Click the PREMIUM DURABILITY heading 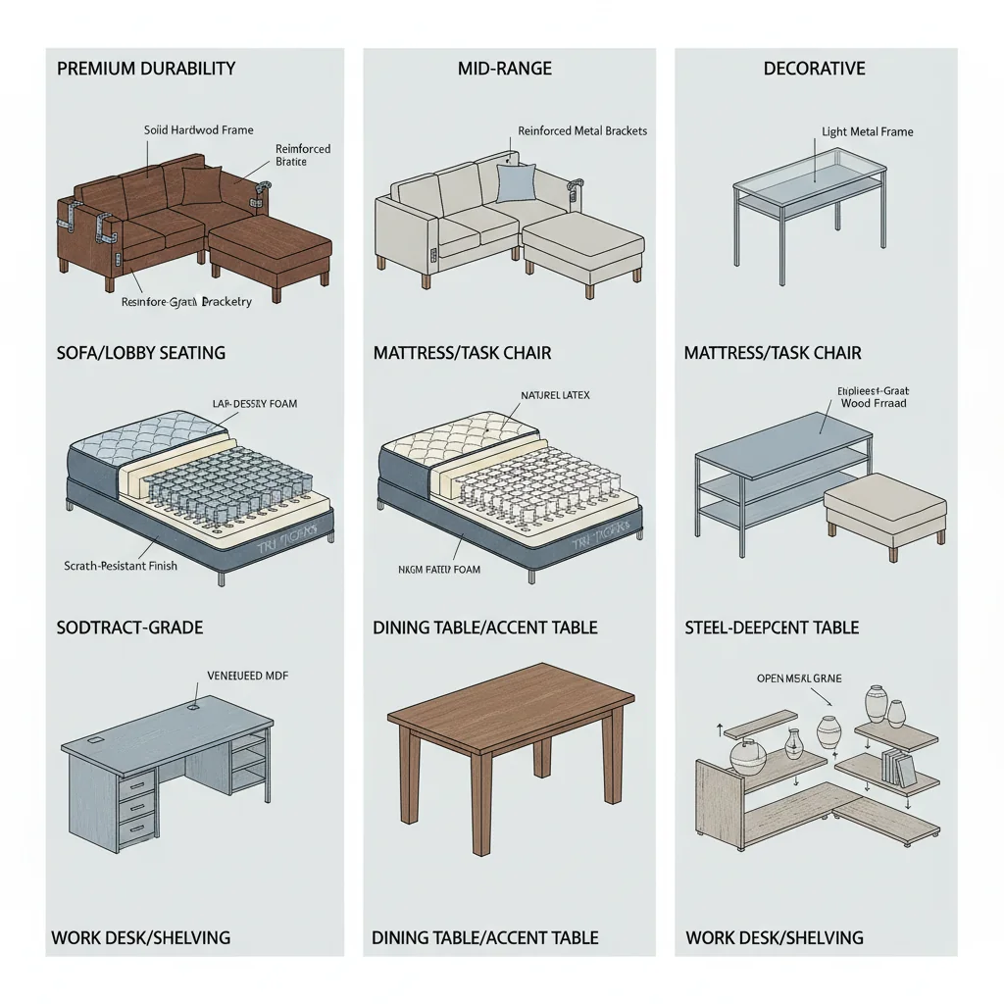tap(146, 69)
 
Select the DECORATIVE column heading tap(815, 69)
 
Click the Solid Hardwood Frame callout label tap(198, 130)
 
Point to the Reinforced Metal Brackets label tap(582, 130)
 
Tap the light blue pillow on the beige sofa tap(516, 183)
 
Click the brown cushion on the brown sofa tap(202, 186)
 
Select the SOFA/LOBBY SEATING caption tap(141, 352)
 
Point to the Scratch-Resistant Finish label tap(121, 566)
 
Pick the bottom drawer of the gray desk tap(138, 826)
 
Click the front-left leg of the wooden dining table tap(479, 793)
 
